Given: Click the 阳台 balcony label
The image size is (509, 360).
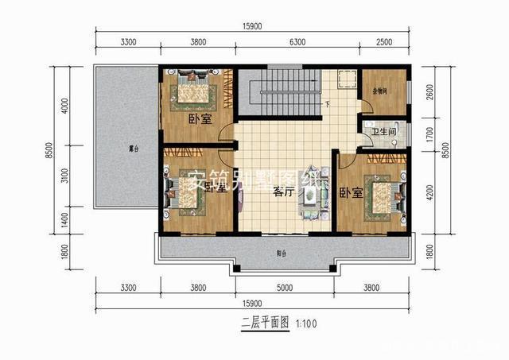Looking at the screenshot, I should (x=281, y=254).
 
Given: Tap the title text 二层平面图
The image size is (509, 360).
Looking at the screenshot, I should (x=265, y=323).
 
